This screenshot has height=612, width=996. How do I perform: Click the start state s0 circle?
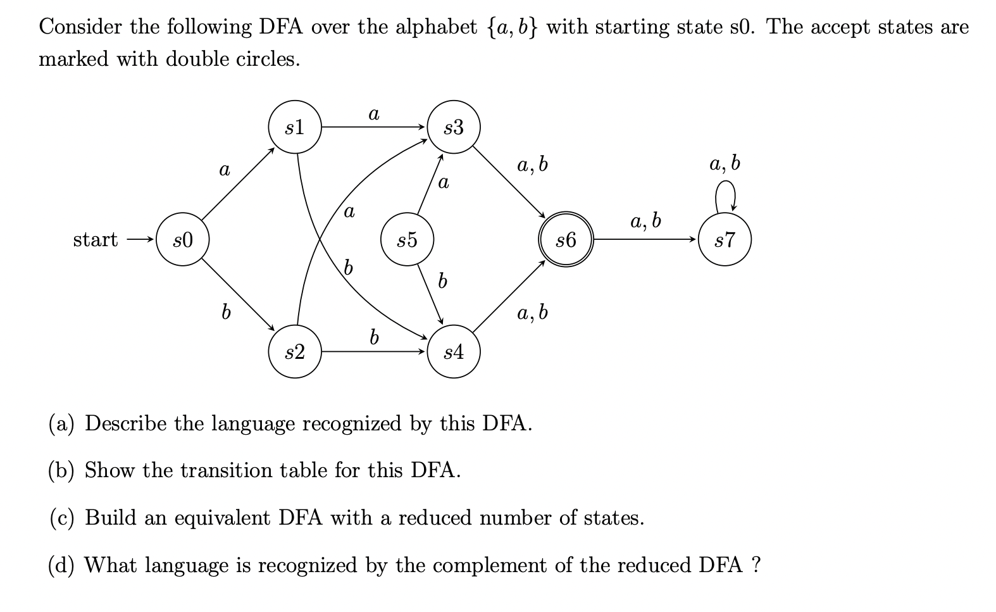pyautogui.click(x=183, y=240)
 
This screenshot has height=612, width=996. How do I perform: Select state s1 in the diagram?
pyautogui.click(x=295, y=127)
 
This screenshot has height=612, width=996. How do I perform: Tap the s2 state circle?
pyautogui.click(x=295, y=352)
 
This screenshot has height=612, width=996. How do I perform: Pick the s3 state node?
pyautogui.click(x=454, y=127)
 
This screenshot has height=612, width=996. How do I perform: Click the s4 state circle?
pyautogui.click(x=454, y=352)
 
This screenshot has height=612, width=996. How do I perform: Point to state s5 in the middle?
pyautogui.click(x=407, y=240)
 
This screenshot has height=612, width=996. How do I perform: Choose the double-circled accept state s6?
pyautogui.click(x=566, y=240)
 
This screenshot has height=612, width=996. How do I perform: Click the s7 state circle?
pyautogui.click(x=725, y=240)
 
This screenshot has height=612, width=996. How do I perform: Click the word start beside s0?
pyautogui.click(x=95, y=240)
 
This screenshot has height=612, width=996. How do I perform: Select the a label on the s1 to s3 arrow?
pyautogui.click(x=373, y=114)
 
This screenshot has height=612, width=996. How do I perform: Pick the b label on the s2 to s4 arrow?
pyautogui.click(x=374, y=337)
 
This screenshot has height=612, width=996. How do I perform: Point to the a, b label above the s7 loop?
pyautogui.click(x=725, y=163)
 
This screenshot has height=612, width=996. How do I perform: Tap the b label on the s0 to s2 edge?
pyautogui.click(x=224, y=311)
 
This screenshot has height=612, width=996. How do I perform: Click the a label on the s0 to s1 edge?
pyautogui.click(x=224, y=170)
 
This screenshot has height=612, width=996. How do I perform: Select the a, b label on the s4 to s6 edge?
pyautogui.click(x=532, y=312)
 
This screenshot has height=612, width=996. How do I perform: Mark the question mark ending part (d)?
pyautogui.click(x=755, y=565)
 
